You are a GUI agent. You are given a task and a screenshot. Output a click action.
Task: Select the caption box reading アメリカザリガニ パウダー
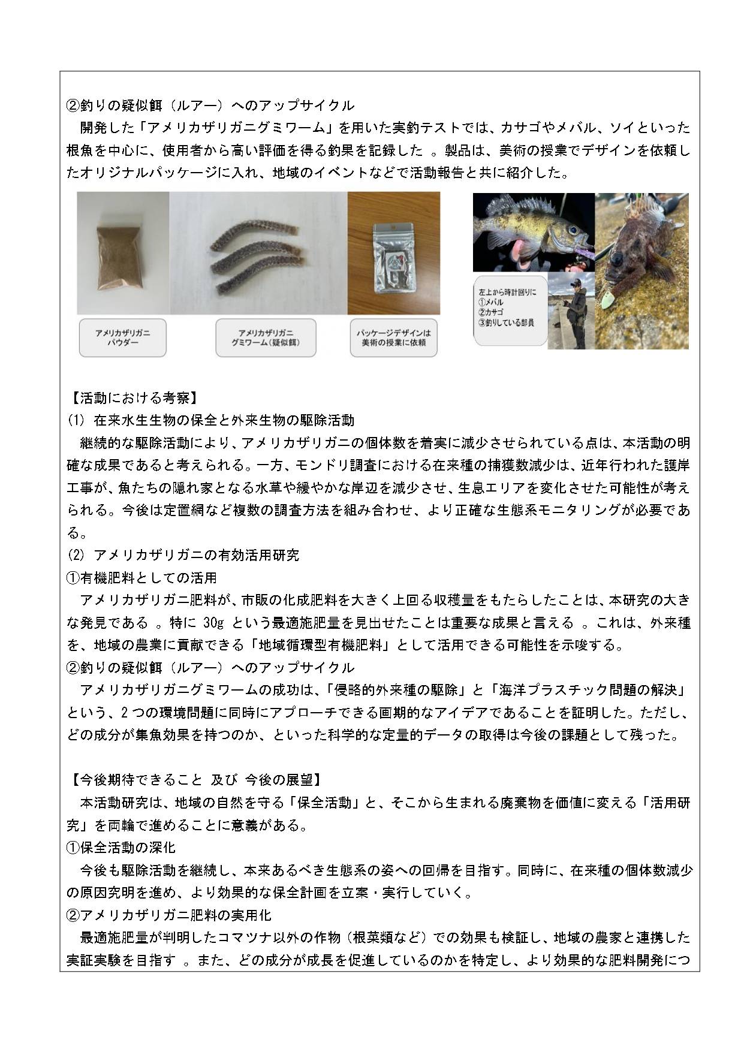tap(122, 338)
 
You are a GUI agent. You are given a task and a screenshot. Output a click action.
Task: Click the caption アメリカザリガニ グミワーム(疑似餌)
tap(266, 338)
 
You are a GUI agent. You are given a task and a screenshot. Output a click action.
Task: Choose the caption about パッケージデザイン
tap(393, 338)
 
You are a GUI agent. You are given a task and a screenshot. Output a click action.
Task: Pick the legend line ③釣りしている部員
tap(506, 323)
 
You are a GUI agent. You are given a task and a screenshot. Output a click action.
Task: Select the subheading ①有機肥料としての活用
tap(141, 578)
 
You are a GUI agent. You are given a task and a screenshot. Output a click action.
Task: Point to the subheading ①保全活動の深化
tap(121, 848)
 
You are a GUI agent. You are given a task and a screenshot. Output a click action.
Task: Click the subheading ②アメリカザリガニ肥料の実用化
tap(169, 915)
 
